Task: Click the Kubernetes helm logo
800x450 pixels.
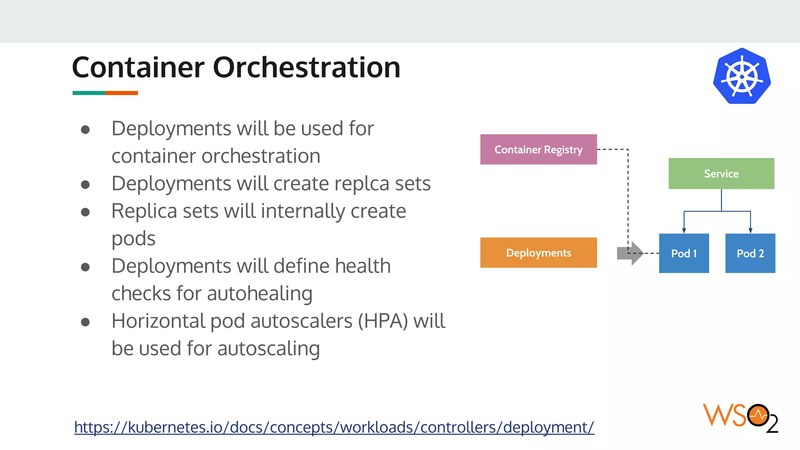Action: click(742, 76)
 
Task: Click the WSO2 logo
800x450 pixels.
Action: click(740, 418)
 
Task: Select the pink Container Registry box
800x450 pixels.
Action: click(538, 150)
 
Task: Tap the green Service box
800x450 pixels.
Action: click(721, 174)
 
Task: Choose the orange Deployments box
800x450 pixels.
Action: click(538, 253)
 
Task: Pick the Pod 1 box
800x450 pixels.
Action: click(684, 254)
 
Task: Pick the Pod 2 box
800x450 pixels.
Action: click(750, 254)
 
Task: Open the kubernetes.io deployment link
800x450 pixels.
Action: click(334, 427)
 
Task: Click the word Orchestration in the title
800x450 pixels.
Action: click(307, 68)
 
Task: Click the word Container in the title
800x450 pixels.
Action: click(138, 68)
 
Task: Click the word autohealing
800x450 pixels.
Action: click(259, 294)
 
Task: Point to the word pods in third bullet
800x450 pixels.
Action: click(133, 239)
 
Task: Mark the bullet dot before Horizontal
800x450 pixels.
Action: click(86, 322)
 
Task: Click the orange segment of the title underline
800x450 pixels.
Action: click(121, 93)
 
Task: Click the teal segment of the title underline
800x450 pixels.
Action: click(89, 93)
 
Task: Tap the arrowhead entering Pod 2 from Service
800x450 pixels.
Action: click(750, 231)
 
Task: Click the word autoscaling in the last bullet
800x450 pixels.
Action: click(268, 349)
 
